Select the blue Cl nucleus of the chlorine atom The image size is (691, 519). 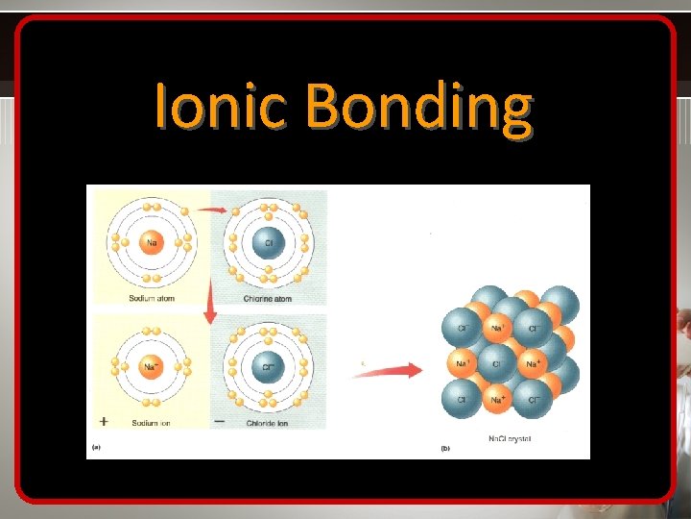point(268,242)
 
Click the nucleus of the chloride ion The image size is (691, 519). point(268,366)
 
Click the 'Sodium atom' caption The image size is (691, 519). point(153,298)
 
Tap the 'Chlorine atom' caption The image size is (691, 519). point(269,298)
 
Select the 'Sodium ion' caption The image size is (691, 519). point(155,421)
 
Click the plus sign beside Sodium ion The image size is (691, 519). point(104,421)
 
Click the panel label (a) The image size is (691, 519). point(95,448)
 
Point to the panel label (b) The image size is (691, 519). point(445,448)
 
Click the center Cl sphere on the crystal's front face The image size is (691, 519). point(496,364)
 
